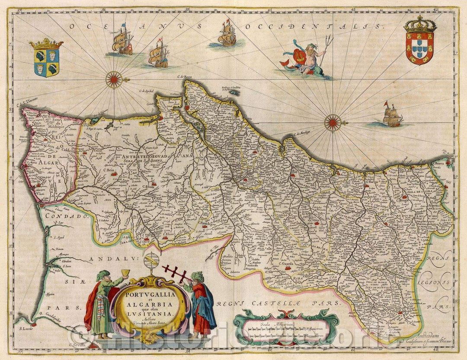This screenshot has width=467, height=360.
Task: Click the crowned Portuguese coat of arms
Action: (x=420, y=41)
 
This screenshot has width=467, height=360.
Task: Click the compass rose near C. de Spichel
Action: (x=114, y=79)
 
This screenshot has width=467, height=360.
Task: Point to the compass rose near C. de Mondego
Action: (x=333, y=122)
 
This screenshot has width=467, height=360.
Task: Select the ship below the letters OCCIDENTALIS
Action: (x=227, y=35)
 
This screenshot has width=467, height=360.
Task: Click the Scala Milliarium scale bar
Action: (x=285, y=330)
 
